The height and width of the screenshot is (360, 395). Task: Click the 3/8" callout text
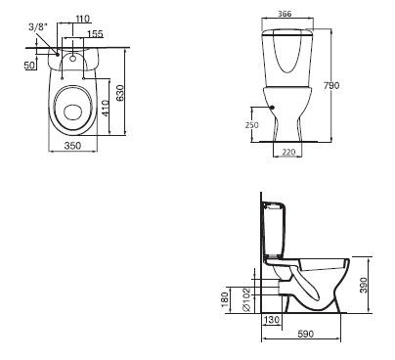click(x=38, y=26)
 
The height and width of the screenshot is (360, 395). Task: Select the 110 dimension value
click(x=83, y=19)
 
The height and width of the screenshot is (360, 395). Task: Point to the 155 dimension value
click(x=95, y=33)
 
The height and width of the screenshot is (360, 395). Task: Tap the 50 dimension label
click(x=29, y=65)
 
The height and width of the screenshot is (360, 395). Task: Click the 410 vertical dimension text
click(x=105, y=109)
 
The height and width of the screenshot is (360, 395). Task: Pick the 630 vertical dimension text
click(x=120, y=93)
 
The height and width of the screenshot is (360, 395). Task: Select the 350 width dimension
click(x=72, y=146)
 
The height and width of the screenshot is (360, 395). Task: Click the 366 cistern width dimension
click(x=285, y=14)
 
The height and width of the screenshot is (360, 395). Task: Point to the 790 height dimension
click(x=331, y=85)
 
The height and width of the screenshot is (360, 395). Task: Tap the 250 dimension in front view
click(x=251, y=125)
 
